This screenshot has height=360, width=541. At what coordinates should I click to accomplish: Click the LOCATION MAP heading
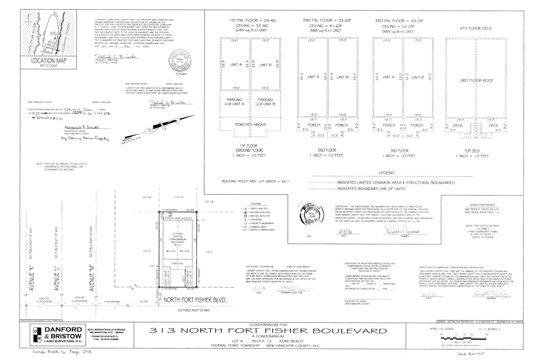point(49,61)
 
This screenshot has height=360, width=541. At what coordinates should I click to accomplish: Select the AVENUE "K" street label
point(32,279)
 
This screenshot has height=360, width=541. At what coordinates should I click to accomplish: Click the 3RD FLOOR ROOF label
point(476,81)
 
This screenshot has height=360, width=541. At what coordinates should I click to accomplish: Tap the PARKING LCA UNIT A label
point(234,102)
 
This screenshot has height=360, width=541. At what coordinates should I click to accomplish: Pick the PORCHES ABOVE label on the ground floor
point(251,125)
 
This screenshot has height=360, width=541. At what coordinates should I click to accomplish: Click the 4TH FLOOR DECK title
point(476,28)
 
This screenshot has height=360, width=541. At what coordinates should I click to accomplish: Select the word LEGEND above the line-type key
point(386,173)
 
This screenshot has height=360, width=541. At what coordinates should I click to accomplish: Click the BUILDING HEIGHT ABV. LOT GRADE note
point(256,181)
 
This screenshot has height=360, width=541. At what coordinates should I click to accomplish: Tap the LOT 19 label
point(179,197)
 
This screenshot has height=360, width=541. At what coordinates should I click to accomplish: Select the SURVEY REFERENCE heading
point(482,205)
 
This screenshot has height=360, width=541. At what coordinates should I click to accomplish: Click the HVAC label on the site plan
point(178,219)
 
